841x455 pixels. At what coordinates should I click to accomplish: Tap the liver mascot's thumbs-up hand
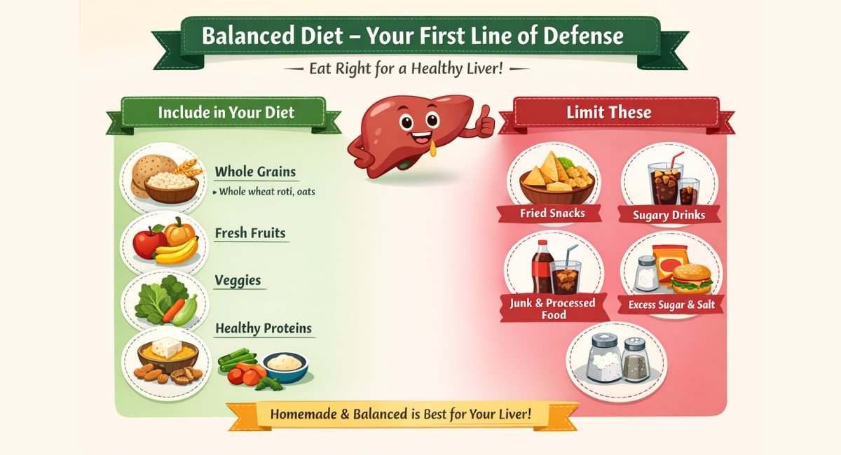click(x=484, y=123)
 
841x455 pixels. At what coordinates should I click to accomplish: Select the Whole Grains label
click(x=255, y=171)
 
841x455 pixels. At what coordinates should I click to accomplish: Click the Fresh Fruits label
click(x=250, y=232)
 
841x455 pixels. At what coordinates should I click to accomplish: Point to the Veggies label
click(x=238, y=281)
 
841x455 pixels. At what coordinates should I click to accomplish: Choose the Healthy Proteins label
click(x=263, y=328)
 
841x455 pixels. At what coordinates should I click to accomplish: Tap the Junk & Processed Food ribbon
click(x=553, y=309)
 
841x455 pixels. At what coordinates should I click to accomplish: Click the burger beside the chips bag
click(x=691, y=279)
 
